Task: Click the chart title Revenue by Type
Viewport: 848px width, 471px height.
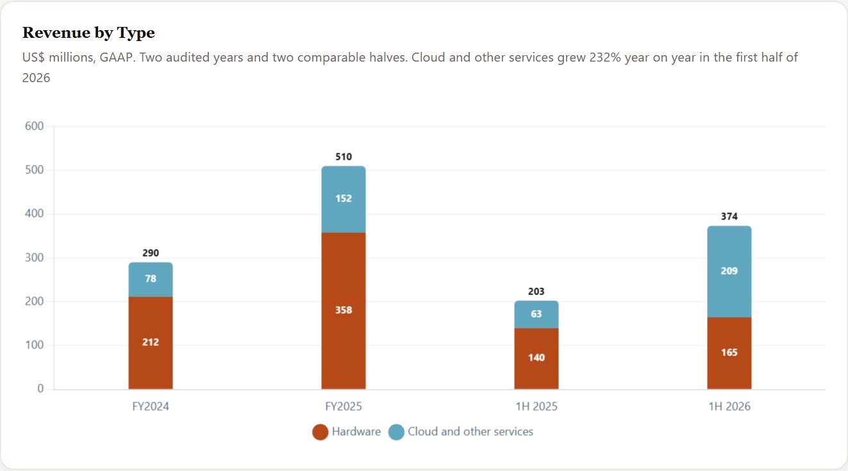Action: point(88,33)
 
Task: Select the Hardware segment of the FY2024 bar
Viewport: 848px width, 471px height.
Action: point(151,343)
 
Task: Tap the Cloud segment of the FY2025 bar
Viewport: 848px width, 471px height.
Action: point(344,200)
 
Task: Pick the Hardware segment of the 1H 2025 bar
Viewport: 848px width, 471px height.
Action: point(536,359)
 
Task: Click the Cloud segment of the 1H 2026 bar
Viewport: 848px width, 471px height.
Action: point(729,271)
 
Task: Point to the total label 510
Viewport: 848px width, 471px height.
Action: point(344,157)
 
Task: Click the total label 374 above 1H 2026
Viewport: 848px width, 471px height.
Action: point(729,216)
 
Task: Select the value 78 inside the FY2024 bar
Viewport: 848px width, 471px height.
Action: point(151,278)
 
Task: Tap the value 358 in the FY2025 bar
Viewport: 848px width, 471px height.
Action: point(344,310)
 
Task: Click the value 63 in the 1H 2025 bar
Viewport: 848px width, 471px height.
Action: point(536,314)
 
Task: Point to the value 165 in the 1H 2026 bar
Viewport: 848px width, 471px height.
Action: point(729,352)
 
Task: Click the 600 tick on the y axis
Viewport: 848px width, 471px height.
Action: point(35,126)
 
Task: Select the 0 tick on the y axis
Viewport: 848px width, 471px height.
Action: point(40,388)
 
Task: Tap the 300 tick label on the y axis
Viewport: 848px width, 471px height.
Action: point(35,258)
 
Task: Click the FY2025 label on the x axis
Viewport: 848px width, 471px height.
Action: point(344,407)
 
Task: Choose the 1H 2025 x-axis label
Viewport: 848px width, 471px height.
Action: point(536,407)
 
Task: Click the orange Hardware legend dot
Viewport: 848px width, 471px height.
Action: point(320,432)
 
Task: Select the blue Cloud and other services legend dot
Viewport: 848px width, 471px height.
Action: point(396,432)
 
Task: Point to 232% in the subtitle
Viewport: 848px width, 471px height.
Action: point(605,58)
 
